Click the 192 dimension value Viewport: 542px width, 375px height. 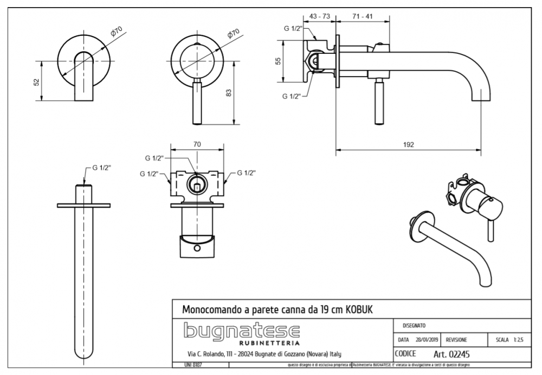coord(409,144)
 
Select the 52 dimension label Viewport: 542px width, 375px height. coord(36,82)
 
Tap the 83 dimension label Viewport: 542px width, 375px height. coord(228,93)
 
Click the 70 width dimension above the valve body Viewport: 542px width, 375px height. coord(197,144)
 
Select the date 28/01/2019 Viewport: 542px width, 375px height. coord(427,340)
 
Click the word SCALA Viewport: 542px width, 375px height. coord(501,340)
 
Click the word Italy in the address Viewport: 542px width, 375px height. coord(334,354)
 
